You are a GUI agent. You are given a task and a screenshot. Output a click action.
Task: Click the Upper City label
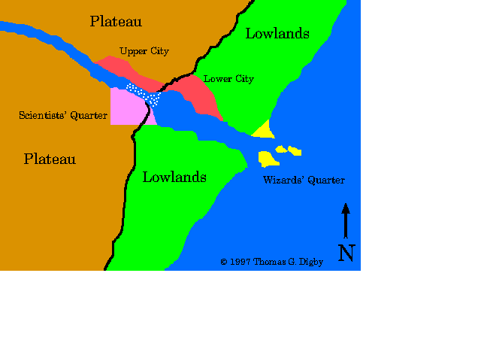(x=144, y=51)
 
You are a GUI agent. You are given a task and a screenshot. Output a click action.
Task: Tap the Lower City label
(x=228, y=79)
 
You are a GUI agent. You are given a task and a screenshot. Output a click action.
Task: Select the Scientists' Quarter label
(x=63, y=115)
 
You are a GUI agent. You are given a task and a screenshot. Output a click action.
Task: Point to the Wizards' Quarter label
(x=304, y=180)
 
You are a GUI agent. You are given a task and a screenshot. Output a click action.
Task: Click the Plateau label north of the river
(x=116, y=21)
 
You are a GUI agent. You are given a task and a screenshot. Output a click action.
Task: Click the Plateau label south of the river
(x=50, y=159)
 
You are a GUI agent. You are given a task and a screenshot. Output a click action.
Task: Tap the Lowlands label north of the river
(x=277, y=33)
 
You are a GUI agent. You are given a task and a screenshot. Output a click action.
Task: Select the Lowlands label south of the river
(x=174, y=177)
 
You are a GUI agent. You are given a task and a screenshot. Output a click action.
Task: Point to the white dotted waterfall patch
(x=144, y=94)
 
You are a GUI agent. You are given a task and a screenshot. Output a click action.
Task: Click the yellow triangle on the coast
(x=264, y=131)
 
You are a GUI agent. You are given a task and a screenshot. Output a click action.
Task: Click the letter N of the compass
(x=346, y=253)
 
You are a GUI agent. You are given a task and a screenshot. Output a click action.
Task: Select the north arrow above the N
(x=346, y=220)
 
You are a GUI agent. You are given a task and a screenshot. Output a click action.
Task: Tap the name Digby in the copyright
(x=308, y=262)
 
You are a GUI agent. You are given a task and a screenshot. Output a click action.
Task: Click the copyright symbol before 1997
(x=223, y=262)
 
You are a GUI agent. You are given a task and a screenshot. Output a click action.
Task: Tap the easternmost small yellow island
(x=295, y=151)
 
